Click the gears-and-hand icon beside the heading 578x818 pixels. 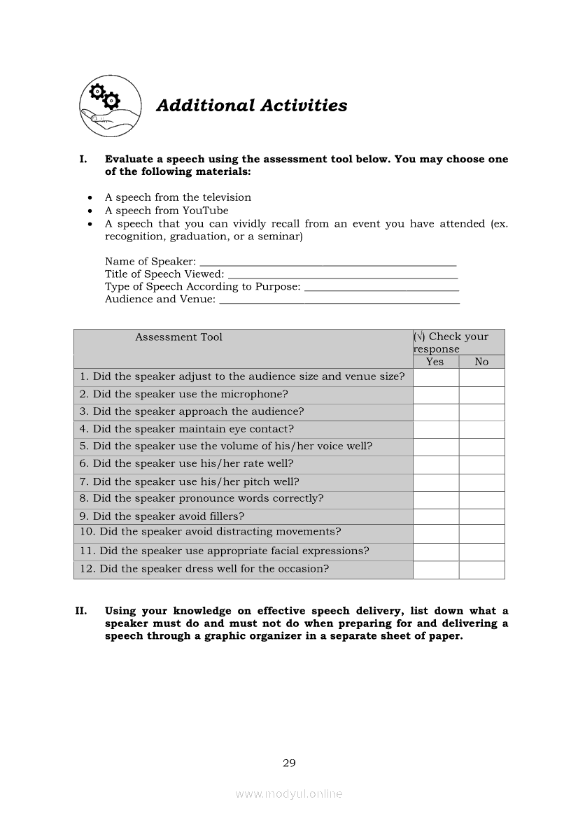pos(110,106)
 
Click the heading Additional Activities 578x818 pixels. pos(251,106)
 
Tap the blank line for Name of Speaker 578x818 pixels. pos(327,262)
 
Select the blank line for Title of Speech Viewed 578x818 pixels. pos(343,275)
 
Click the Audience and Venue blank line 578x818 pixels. pos(339,300)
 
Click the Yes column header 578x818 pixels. pos(435,362)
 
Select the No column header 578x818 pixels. pos(481,362)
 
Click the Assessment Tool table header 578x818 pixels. pos(178,337)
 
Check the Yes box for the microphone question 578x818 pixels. pos(435,395)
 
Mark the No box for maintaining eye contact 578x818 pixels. pos(481,430)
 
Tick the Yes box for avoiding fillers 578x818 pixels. pos(435,516)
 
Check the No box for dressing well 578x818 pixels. pos(481,570)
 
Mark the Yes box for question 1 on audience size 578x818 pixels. pos(435,377)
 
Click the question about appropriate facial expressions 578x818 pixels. pos(224,551)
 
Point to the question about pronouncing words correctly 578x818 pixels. pos(202,499)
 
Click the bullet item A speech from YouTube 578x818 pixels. pos(167,211)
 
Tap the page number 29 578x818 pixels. pos(289,763)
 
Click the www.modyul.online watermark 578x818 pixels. pos(289,794)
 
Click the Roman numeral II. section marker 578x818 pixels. pos(80,611)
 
